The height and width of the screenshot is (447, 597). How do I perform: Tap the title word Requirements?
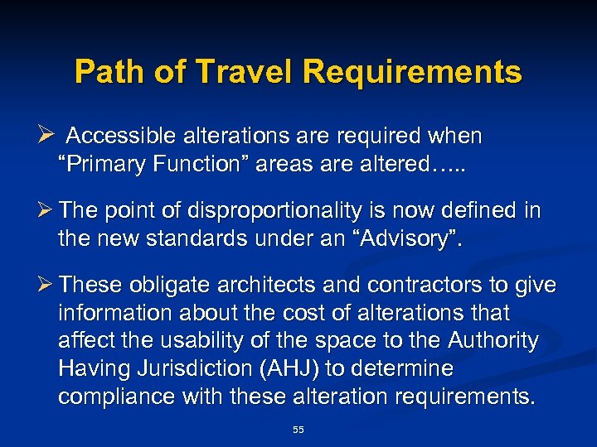click(412, 72)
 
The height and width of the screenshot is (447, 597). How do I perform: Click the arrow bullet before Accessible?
click(47, 134)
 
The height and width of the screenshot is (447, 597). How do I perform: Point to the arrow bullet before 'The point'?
click(47, 211)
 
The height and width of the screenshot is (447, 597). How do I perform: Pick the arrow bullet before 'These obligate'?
click(47, 286)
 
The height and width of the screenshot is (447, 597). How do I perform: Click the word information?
click(117, 314)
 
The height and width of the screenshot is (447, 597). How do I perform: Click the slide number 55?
click(298, 429)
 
